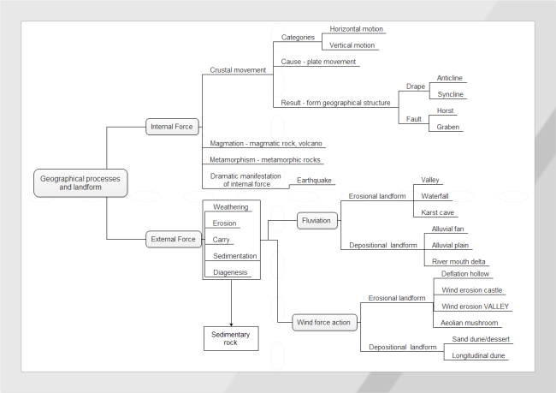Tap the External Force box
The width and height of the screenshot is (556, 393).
[x=173, y=239]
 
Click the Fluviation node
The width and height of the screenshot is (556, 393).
[x=316, y=220]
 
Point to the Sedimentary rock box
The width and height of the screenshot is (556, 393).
[x=231, y=338]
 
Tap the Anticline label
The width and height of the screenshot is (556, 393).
[x=449, y=78]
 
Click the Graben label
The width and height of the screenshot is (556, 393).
[x=448, y=127]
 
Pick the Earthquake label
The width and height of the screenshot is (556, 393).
[x=314, y=181]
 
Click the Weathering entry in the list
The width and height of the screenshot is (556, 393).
[x=231, y=207]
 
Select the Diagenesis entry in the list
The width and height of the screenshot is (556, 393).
[x=231, y=272]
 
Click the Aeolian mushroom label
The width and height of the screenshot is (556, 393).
[x=470, y=323]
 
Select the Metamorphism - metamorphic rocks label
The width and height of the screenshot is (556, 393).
[x=267, y=159]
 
